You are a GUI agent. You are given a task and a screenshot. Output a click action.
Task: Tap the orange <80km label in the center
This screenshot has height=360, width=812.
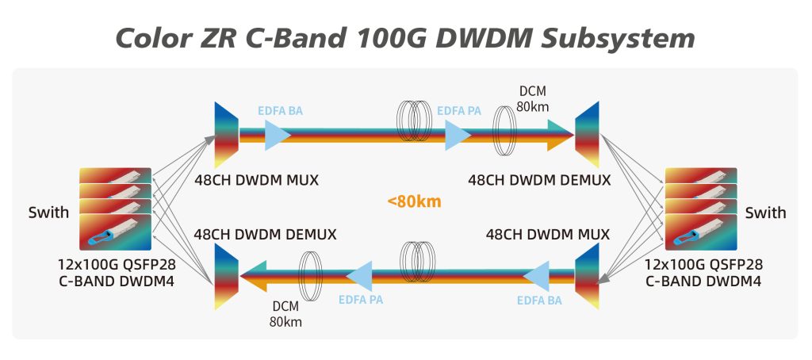coord(413,201)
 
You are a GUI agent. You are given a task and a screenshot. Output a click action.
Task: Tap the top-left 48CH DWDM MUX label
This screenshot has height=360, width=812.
coord(256,180)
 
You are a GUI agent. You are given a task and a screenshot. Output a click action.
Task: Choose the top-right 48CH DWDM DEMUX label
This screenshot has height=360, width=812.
coord(539,180)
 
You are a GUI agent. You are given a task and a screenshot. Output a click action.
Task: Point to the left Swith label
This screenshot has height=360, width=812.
coord(49,213)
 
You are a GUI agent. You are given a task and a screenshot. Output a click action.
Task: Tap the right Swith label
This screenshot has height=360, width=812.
coord(765,213)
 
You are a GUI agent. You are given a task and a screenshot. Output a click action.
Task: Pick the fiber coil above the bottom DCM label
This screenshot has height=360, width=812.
coord(310,276)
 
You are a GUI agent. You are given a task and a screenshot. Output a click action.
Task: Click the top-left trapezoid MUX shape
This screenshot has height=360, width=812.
coord(226,132)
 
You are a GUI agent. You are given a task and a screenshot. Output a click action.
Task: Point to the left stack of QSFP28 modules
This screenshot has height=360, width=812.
coord(116,208)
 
